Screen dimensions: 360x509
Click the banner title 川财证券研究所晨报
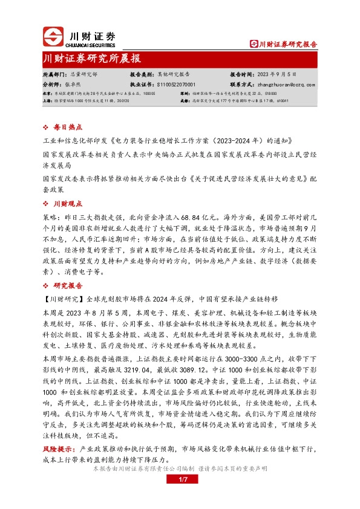91,59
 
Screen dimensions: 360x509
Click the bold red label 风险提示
58,450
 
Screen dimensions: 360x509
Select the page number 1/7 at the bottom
180,480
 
